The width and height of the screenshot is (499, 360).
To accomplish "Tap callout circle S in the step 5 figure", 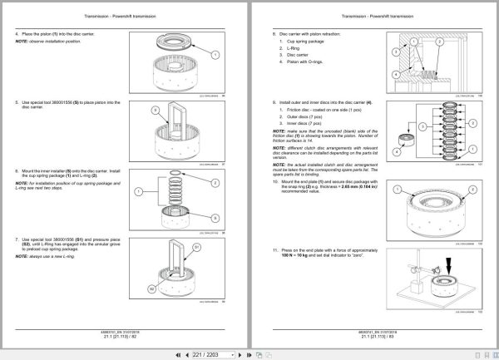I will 155,109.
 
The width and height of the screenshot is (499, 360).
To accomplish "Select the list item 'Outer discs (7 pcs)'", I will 302,118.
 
